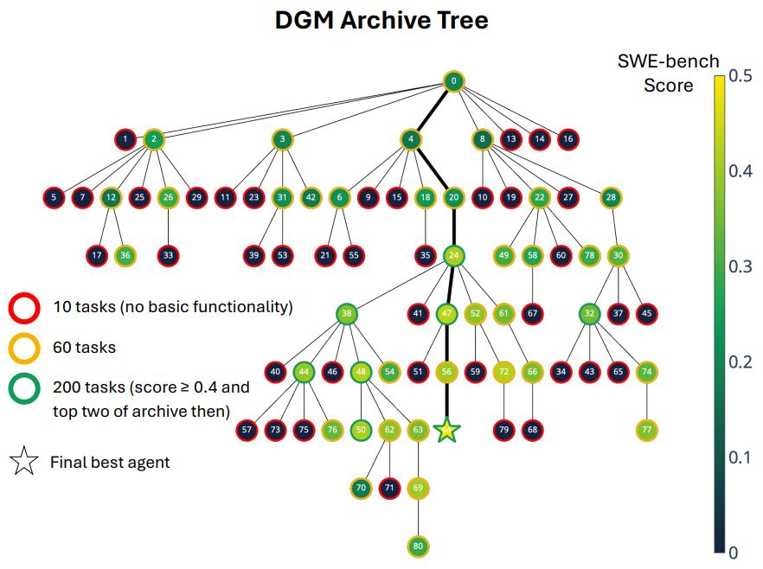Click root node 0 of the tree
(453, 81)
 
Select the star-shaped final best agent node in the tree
(446, 430)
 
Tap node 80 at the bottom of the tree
(418, 547)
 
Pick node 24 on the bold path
(453, 255)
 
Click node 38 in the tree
(346, 314)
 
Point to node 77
(646, 430)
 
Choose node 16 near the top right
(567, 139)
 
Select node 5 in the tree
(54, 197)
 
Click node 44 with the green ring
(304, 372)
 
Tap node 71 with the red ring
(389, 488)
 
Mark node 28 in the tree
(611, 197)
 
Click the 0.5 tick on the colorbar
(741, 76)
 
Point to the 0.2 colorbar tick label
(741, 362)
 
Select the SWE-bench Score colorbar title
(668, 73)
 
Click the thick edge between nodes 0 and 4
(433, 111)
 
